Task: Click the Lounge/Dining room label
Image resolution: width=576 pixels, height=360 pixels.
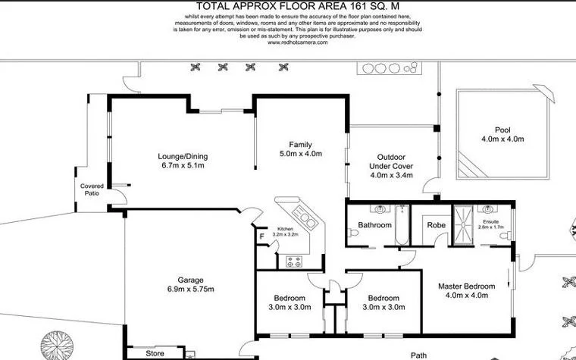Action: (183, 157)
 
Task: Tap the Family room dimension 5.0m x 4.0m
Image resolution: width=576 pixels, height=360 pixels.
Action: (301, 154)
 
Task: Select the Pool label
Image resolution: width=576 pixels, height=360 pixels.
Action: (502, 130)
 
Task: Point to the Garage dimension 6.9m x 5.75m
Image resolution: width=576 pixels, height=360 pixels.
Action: (191, 290)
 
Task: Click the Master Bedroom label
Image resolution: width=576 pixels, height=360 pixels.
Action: (467, 286)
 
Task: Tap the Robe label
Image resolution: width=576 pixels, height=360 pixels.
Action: (436, 225)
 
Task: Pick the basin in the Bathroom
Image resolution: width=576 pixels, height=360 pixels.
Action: (376, 209)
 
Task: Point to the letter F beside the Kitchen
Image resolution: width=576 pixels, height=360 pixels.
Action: (262, 236)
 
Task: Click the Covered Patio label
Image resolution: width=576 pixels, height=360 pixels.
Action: (92, 189)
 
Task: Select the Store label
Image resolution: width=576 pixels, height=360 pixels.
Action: (155, 353)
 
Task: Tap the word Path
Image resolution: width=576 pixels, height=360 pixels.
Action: (418, 354)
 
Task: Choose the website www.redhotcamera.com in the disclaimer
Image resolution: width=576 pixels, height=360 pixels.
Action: (298, 42)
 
